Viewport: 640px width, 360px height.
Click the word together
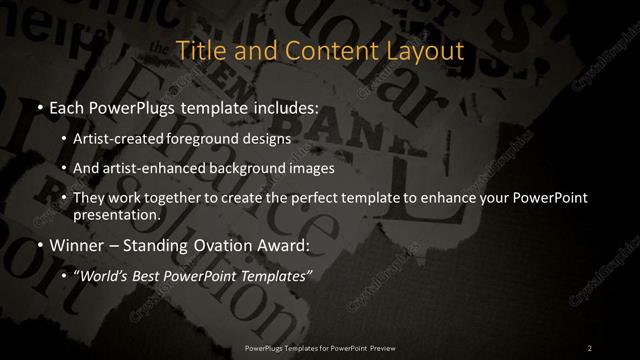(171, 198)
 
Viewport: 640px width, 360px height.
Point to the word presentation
(115, 214)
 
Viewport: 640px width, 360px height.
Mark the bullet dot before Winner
(38, 245)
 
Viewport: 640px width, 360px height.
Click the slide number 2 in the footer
(590, 347)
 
